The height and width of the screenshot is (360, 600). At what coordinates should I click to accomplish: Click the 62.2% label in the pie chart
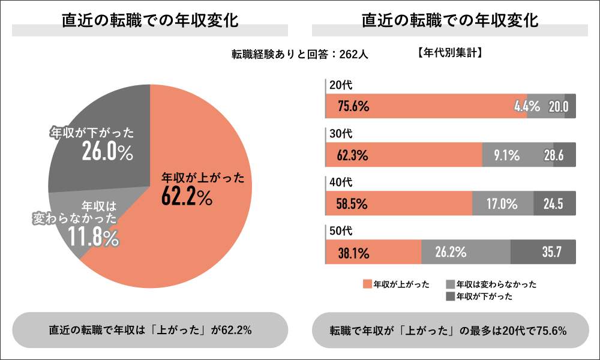(187, 196)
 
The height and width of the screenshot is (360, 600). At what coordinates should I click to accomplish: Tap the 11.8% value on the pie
(92, 238)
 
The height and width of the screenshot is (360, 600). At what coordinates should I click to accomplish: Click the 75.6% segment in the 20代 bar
(425, 106)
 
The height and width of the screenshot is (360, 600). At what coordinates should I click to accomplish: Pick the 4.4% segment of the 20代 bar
(545, 106)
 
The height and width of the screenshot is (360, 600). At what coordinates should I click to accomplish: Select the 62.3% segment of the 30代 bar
(403, 155)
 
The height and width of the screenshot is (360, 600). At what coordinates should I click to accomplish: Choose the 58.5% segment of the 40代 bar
(398, 203)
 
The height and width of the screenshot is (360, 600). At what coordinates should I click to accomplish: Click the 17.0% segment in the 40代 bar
(503, 203)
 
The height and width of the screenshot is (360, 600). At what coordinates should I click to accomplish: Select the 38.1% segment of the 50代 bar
(373, 252)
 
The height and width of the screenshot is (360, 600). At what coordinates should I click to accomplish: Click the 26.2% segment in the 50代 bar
(466, 252)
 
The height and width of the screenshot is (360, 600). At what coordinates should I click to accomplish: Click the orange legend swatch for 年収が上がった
(367, 284)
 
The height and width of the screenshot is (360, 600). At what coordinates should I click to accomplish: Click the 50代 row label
(337, 230)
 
